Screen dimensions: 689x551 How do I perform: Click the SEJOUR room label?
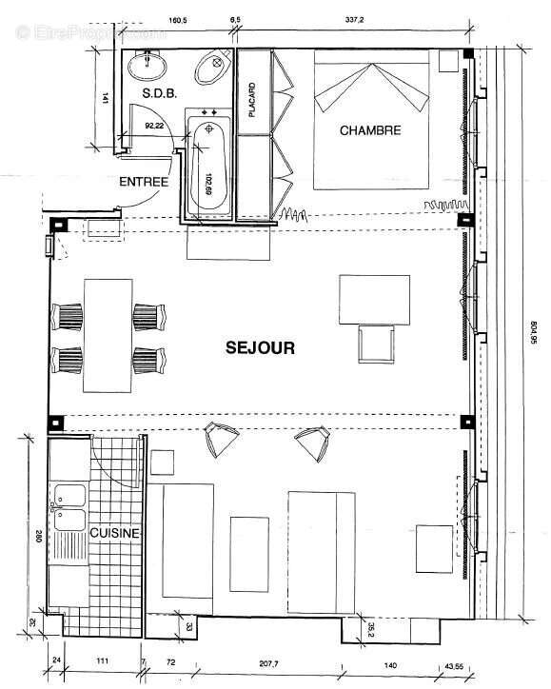pyautogui.click(x=261, y=348)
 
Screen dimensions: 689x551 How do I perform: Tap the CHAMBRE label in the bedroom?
pyautogui.click(x=371, y=130)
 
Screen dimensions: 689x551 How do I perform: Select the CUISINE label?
pyautogui.click(x=115, y=534)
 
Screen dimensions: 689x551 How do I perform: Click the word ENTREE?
pyautogui.click(x=144, y=182)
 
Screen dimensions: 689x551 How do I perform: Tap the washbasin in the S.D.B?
pyautogui.click(x=148, y=66)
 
